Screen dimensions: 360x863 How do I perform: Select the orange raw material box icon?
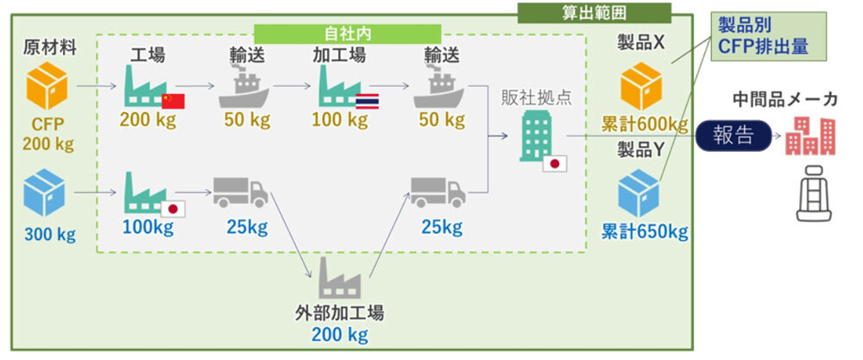click(x=47, y=89)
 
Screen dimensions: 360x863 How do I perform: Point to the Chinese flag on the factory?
click(x=173, y=100)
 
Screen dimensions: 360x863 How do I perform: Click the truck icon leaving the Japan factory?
click(x=241, y=193)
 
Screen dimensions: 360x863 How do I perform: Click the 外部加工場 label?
click(x=338, y=313)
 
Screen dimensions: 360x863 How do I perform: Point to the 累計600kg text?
click(x=645, y=124)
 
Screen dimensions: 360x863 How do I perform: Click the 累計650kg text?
click(x=645, y=231)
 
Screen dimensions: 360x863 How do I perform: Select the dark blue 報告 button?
click(x=733, y=136)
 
